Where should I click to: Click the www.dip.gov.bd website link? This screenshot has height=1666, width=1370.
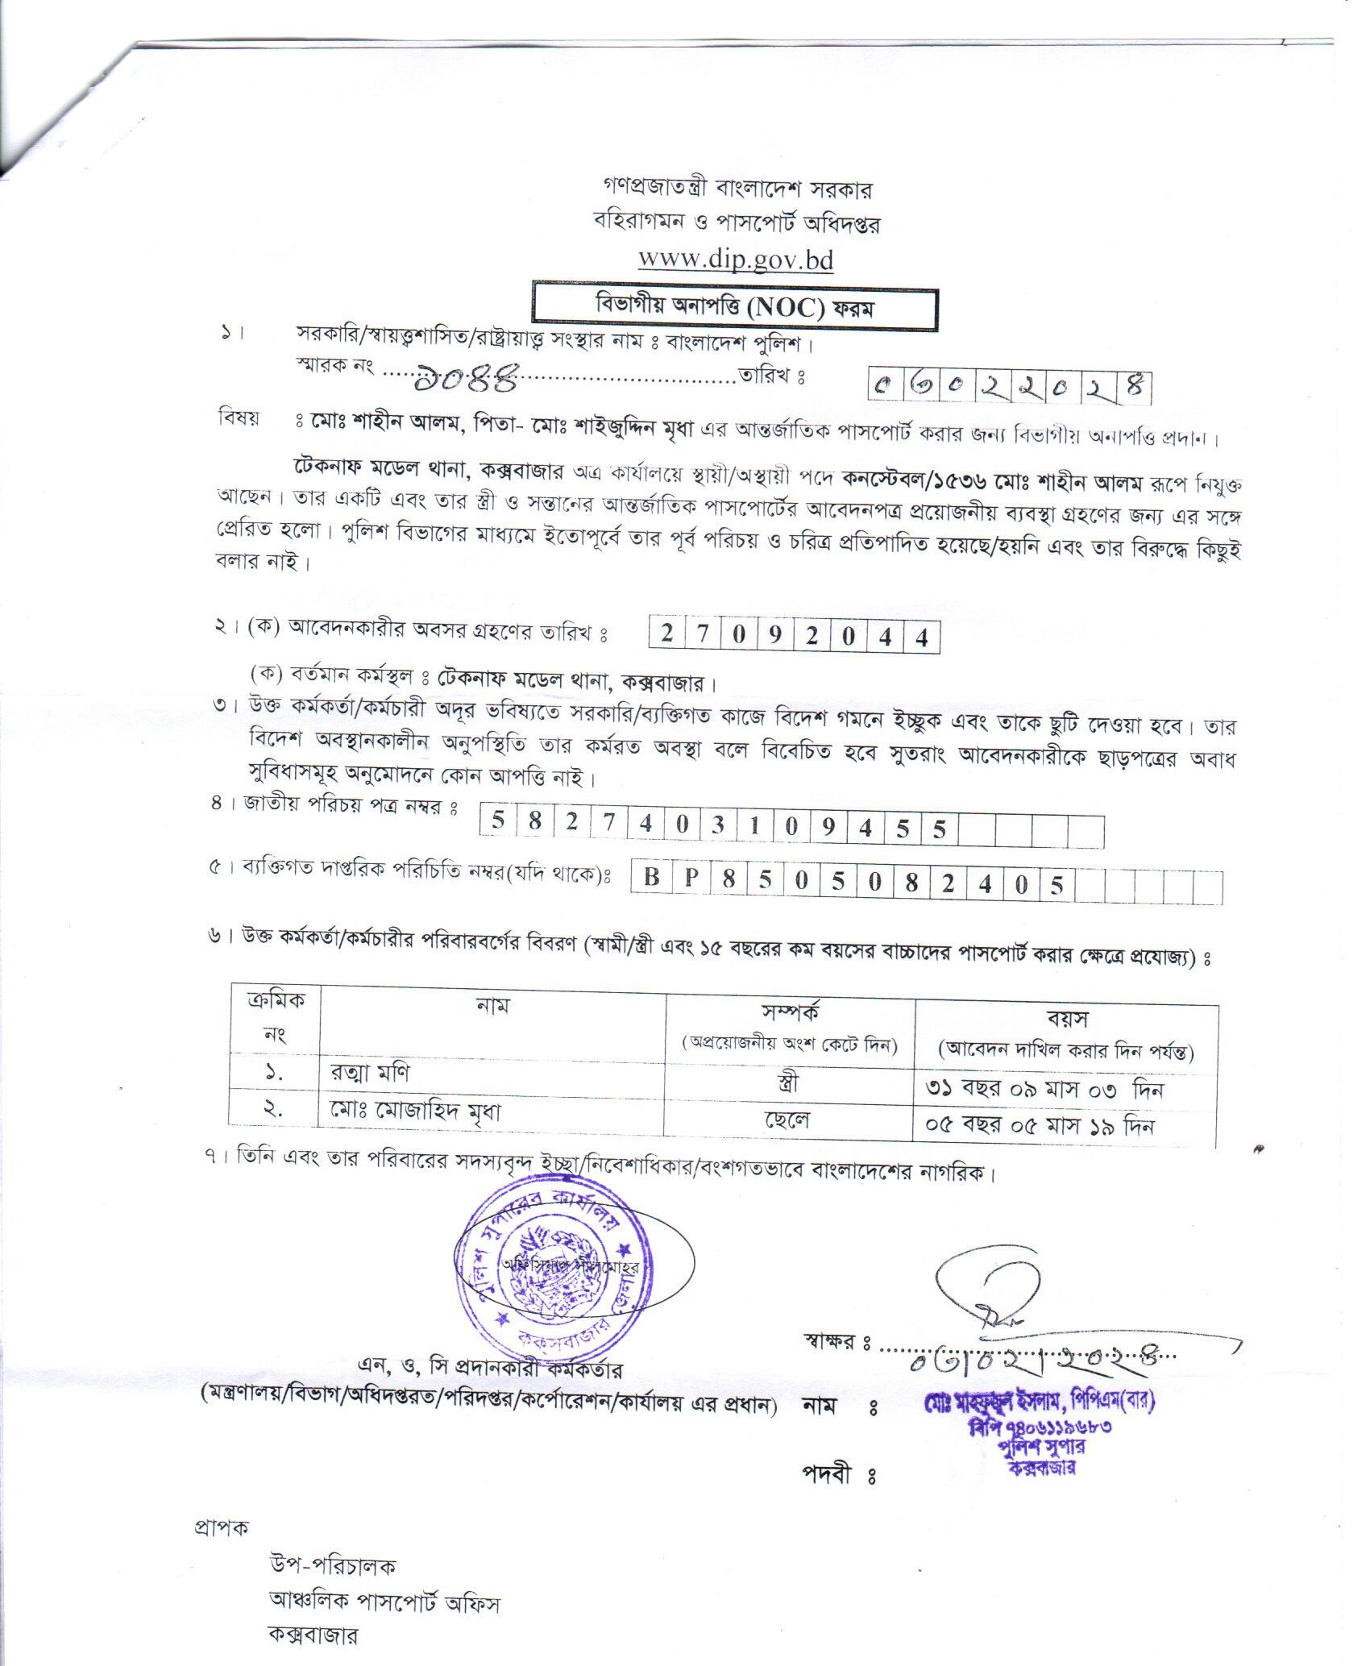coord(735,260)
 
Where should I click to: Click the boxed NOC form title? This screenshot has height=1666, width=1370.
coord(734,308)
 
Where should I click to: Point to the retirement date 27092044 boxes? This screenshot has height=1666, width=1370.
coord(795,637)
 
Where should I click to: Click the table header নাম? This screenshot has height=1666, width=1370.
coord(492,1006)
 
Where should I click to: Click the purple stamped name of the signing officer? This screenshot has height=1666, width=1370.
coord(1040,1402)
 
